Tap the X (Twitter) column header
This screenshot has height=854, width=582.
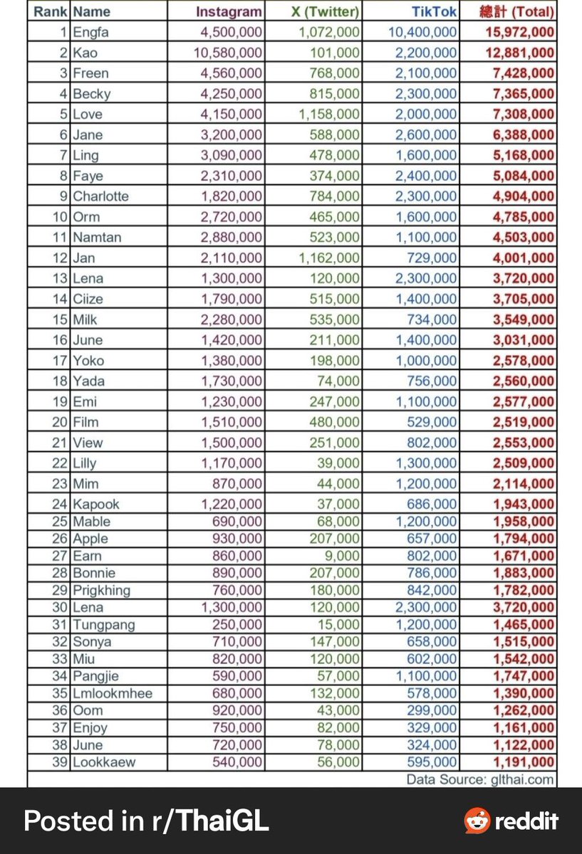coord(325,11)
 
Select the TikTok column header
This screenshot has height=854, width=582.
coord(435,11)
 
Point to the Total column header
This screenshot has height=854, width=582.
coord(517,11)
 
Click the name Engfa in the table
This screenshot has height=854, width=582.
coord(91,32)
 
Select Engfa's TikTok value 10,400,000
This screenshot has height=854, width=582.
coord(423,32)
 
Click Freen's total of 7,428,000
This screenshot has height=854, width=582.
coord(524,73)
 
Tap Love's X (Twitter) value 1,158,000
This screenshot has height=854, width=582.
coord(329,114)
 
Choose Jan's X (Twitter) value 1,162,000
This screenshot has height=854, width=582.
coord(329,258)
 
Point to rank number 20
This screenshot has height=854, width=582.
coord(60,422)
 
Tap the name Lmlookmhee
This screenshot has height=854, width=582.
coord(113,693)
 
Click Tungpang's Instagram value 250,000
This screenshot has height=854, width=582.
coord(237,625)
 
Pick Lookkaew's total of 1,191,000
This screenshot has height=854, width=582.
coord(524,762)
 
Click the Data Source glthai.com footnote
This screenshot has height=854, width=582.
coord(479,779)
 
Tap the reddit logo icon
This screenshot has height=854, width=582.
coord(477,821)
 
